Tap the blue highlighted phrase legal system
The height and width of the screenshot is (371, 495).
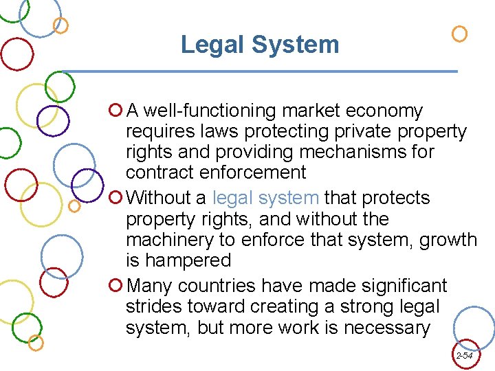(265, 198)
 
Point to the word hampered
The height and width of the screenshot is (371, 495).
(188, 260)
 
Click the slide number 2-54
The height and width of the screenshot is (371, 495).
(464, 356)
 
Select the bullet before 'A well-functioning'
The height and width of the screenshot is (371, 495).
(115, 110)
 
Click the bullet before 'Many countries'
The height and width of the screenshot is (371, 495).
(115, 285)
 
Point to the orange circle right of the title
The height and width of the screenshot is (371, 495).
(459, 34)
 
